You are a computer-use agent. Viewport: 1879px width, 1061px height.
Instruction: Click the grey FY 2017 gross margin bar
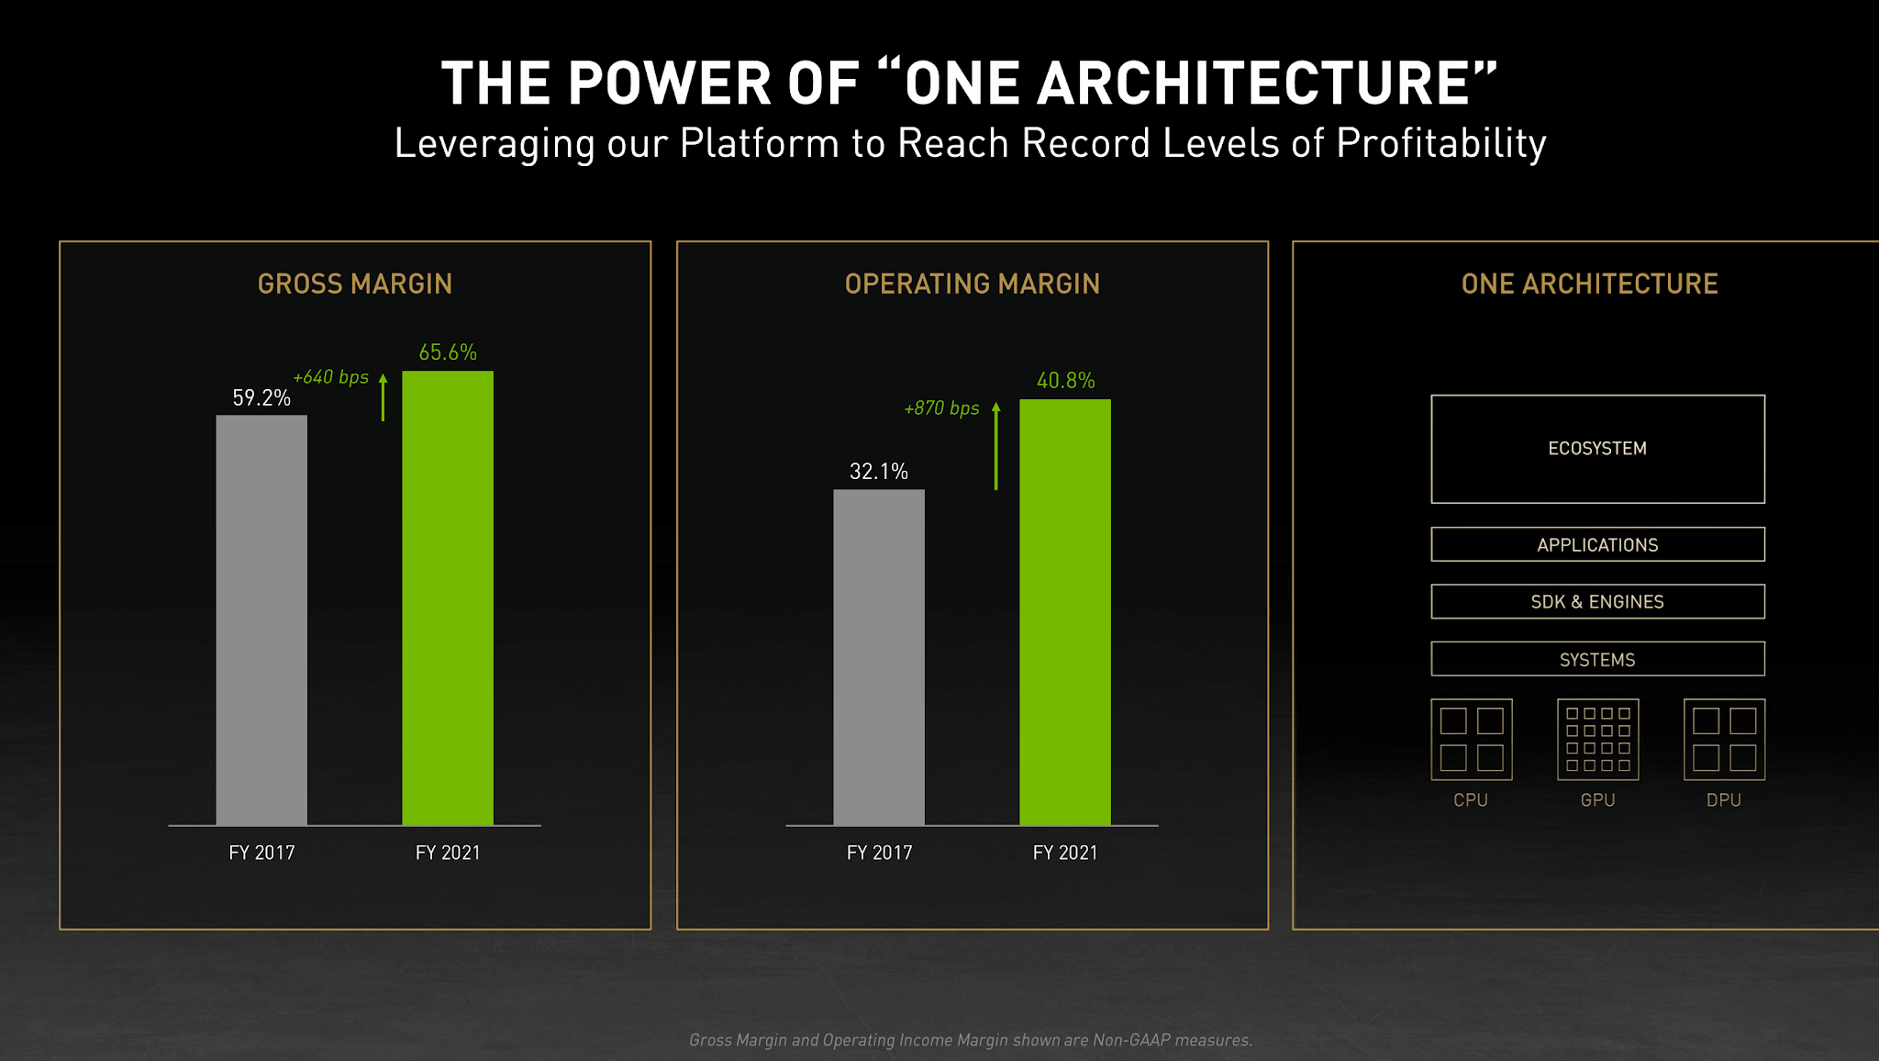click(x=261, y=620)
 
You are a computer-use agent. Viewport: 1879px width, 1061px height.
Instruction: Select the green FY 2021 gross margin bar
click(x=448, y=598)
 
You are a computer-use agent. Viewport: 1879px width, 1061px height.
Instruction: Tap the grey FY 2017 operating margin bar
click(x=879, y=657)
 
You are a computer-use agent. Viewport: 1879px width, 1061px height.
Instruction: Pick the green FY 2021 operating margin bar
click(x=1065, y=612)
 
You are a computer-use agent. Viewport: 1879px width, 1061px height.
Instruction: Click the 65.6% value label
click(x=448, y=352)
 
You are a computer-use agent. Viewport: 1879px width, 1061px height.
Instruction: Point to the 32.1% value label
click(x=879, y=472)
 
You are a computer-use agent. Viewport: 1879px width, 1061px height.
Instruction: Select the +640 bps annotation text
click(x=330, y=377)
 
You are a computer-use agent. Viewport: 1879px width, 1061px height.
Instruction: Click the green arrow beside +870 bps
click(x=996, y=446)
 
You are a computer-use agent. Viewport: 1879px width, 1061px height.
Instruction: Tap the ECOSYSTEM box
click(x=1597, y=449)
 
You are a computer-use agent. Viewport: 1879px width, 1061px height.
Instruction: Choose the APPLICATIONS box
click(x=1597, y=544)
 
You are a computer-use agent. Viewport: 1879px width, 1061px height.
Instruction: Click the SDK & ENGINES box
click(x=1597, y=602)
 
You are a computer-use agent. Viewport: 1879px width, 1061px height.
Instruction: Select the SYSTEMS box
click(x=1597, y=659)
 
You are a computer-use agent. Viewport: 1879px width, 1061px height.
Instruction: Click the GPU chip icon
click(x=1597, y=740)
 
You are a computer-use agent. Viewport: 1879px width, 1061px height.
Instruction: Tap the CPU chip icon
click(x=1471, y=740)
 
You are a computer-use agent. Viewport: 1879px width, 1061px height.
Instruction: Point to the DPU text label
click(x=1723, y=800)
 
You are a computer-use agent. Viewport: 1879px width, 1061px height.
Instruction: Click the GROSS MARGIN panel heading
click(x=355, y=284)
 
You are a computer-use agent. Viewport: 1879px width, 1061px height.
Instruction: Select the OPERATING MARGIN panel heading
click(x=972, y=284)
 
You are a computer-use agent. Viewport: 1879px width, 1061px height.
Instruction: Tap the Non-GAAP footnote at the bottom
click(x=971, y=1040)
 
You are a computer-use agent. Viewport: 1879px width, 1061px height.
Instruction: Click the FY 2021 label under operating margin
click(x=1065, y=853)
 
